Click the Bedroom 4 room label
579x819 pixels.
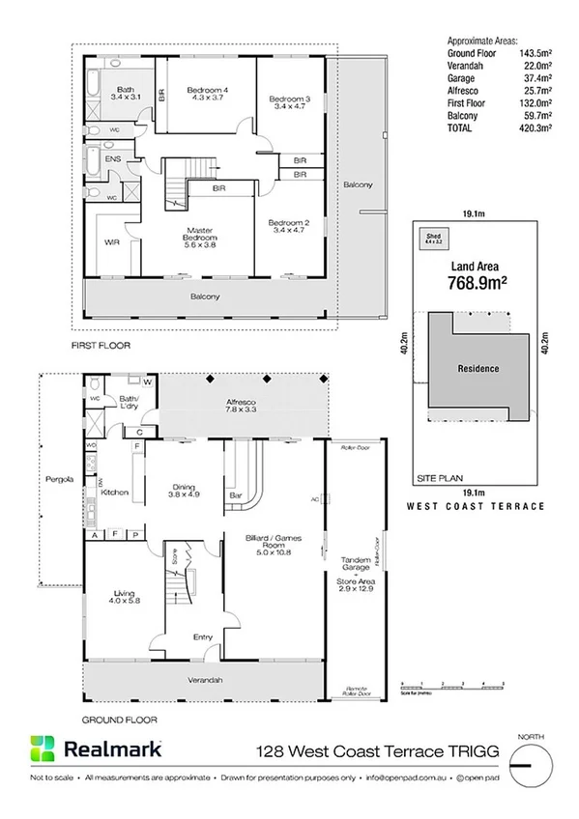tap(208, 90)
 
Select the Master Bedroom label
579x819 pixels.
tap(201, 234)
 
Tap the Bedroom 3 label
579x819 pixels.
tap(289, 99)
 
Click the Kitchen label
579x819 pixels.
tap(115, 493)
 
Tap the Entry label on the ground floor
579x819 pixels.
tap(203, 636)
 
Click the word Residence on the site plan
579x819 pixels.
tap(478, 368)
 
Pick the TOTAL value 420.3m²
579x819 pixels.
tap(532, 126)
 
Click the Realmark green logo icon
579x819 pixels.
tap(43, 748)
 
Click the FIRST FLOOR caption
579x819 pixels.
tap(101, 345)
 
